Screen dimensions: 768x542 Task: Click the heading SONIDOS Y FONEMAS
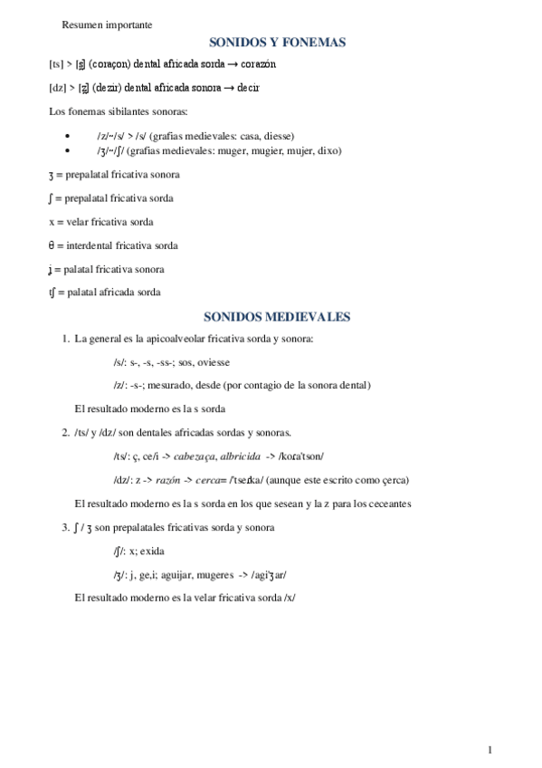277,42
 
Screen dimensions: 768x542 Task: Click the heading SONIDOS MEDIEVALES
276,317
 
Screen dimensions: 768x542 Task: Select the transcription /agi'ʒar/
267,574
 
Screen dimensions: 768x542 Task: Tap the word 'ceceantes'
386,503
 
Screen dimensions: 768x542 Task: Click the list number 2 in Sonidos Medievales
65,432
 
